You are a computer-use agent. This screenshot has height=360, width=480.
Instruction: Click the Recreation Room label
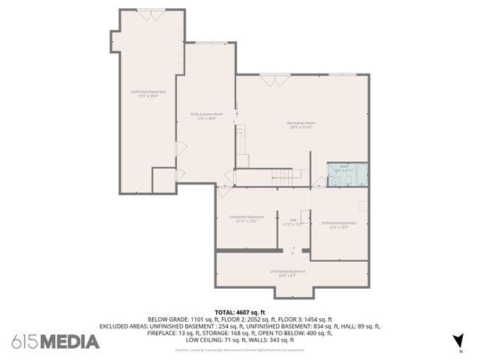click(301, 122)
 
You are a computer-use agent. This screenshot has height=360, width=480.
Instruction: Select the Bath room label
click(344, 166)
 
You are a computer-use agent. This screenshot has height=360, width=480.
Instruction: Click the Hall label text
click(293, 220)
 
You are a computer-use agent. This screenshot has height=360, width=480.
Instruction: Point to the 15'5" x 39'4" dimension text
click(147, 96)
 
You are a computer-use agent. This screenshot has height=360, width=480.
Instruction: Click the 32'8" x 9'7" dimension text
click(287, 275)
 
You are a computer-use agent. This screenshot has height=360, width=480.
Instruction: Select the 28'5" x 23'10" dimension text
click(301, 127)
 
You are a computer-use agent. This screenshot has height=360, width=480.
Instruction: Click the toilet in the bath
click(349, 179)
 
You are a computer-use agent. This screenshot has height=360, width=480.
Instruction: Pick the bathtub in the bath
click(363, 175)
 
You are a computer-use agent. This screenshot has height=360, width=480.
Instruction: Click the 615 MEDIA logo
click(55, 341)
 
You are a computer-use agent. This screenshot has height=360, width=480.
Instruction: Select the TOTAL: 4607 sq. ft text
click(240, 312)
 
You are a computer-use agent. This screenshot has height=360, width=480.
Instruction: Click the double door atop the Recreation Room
click(273, 76)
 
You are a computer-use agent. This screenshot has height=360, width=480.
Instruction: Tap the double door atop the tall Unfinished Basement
click(147, 11)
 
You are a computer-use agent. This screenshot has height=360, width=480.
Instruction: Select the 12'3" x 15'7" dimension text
click(339, 227)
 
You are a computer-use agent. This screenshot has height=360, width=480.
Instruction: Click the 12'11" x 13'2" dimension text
click(246, 221)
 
